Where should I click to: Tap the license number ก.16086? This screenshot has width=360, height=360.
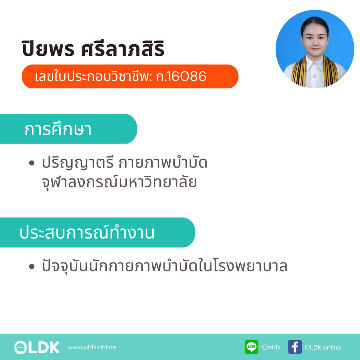pos(181,76)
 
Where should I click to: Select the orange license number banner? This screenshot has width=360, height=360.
pos(130,76)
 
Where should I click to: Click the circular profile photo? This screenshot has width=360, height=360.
pos(315,49)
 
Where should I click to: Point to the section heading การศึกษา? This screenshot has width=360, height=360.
pos(58,129)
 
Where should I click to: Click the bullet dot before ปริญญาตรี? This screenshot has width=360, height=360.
pos(31,163)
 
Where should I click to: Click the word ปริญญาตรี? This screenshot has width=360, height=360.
pos(78,163)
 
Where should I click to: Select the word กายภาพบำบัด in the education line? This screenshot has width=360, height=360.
pos(163,162)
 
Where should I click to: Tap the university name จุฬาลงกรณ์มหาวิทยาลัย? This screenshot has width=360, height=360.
pos(119,183)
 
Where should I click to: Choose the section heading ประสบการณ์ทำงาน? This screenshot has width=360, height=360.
pos(87,232)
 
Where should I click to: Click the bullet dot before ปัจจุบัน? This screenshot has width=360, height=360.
pos(31,267)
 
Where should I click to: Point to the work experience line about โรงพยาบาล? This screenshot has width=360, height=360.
pos(165,266)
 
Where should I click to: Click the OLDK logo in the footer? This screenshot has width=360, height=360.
pos(37,347)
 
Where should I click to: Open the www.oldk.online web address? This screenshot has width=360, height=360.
pos(92,347)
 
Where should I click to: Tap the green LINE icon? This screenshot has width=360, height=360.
pos(251,347)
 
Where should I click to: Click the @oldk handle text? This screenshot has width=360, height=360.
pos(271,347)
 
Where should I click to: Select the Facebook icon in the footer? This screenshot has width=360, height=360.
pos(295,347)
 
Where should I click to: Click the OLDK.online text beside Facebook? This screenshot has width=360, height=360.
pos(323,347)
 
